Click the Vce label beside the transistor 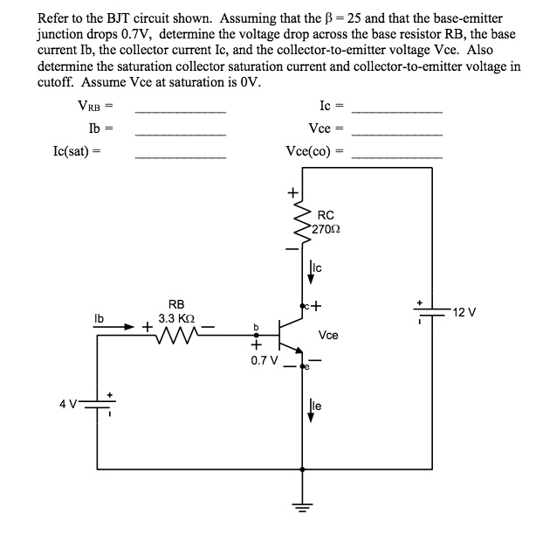[x=329, y=335]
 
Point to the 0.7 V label [x=263, y=358]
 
